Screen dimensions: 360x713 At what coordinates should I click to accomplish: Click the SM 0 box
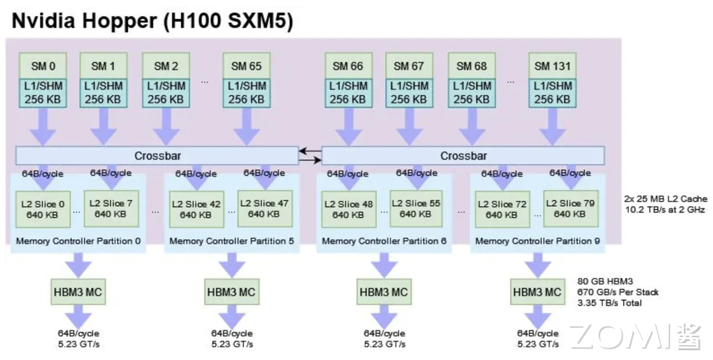click(x=43, y=66)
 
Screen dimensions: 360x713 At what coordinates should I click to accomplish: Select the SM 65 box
click(x=246, y=66)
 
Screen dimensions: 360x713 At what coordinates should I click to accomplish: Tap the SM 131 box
click(x=552, y=66)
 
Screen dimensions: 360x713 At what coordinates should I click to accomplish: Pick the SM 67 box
click(x=409, y=66)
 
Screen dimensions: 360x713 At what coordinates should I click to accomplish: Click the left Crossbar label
click(x=158, y=156)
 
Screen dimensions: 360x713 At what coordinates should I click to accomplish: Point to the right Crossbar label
click(x=463, y=156)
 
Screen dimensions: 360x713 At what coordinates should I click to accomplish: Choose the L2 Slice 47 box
click(x=264, y=209)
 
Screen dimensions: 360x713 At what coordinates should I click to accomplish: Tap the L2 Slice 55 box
click(x=416, y=209)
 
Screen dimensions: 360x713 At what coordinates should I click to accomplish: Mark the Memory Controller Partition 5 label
click(x=232, y=241)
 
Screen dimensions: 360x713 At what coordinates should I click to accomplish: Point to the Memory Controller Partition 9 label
click(x=537, y=241)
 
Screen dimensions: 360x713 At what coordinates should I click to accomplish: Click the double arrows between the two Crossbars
click(x=310, y=155)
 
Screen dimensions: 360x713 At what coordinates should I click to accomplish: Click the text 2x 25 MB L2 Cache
click(x=665, y=199)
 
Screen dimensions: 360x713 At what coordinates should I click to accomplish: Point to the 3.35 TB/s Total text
click(x=609, y=303)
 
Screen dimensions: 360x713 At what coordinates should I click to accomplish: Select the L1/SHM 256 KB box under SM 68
click(x=471, y=92)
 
